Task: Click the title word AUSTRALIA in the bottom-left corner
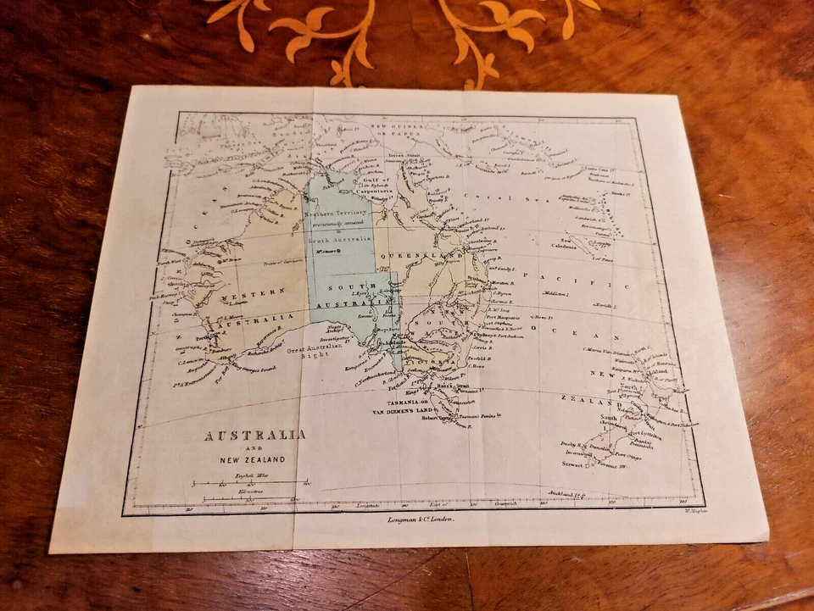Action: pyautogui.click(x=254, y=435)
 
